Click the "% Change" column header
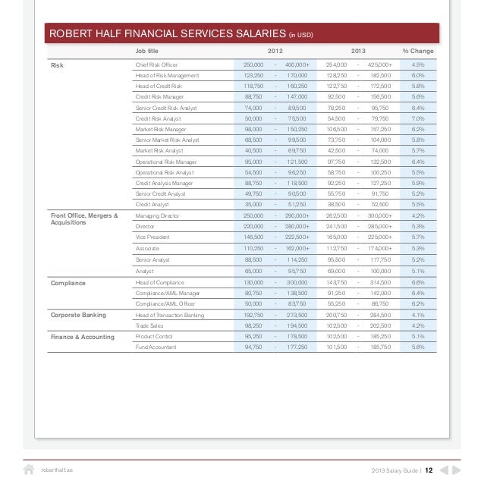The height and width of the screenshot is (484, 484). point(419,51)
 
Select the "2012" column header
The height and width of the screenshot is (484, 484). point(277,51)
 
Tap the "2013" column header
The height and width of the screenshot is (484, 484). point(358,51)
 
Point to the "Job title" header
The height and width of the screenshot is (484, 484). point(147,51)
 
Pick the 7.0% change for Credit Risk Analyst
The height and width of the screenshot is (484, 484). point(418,119)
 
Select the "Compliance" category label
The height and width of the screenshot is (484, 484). point(68,283)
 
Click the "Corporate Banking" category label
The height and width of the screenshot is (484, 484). point(78,315)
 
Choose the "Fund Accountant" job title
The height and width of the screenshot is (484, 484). point(156,347)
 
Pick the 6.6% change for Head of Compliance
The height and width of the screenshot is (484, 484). point(418,282)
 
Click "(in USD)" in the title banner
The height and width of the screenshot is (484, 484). point(301,36)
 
